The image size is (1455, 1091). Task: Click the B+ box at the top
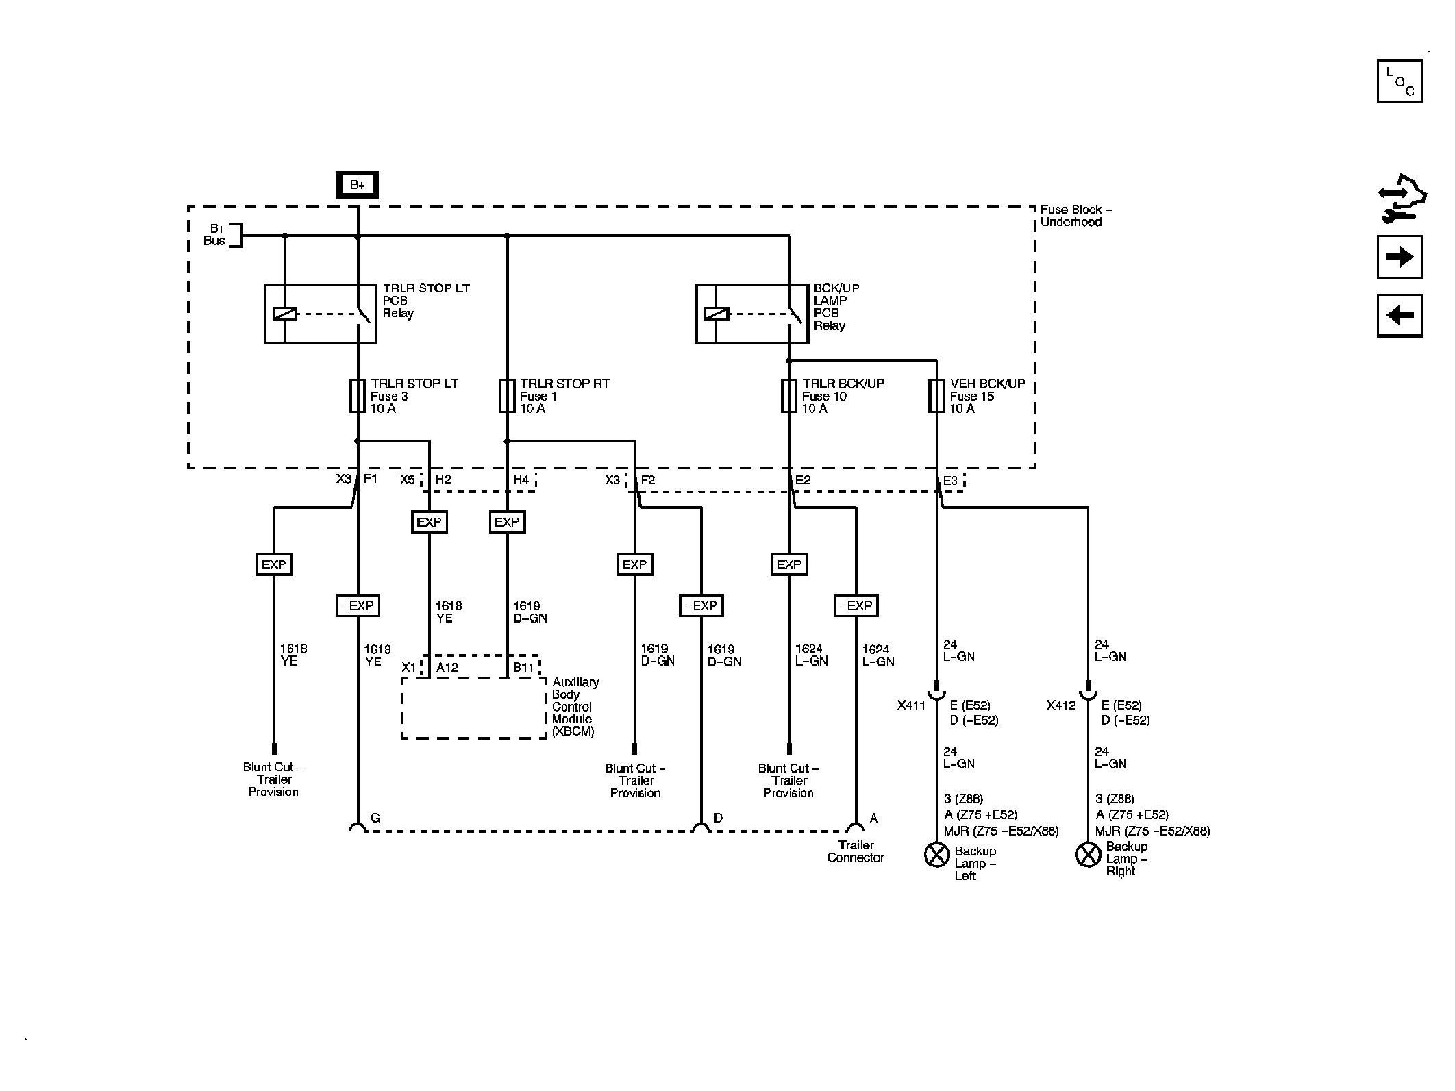(x=357, y=185)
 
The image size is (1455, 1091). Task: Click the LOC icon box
(x=1400, y=81)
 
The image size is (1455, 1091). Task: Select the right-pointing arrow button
(x=1400, y=257)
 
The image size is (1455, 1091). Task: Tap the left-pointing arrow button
(x=1400, y=315)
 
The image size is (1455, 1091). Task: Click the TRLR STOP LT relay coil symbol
(x=285, y=314)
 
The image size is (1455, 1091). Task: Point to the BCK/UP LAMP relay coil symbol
(x=717, y=314)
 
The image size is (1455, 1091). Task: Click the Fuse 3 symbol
(x=358, y=396)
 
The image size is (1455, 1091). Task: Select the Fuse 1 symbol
(x=507, y=396)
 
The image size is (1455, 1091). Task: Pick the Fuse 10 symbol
(x=789, y=396)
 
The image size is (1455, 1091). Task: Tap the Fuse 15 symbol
(x=936, y=396)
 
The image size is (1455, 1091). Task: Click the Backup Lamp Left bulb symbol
(x=936, y=854)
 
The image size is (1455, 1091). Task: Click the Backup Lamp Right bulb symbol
(x=1088, y=854)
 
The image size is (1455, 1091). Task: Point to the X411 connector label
(x=911, y=706)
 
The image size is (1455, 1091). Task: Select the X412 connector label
(x=1061, y=706)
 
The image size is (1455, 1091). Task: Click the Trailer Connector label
(x=856, y=851)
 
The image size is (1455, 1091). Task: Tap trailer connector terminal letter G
(x=375, y=818)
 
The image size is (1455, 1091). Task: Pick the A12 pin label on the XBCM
(x=447, y=668)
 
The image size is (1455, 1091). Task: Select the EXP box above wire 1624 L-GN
(x=789, y=564)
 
